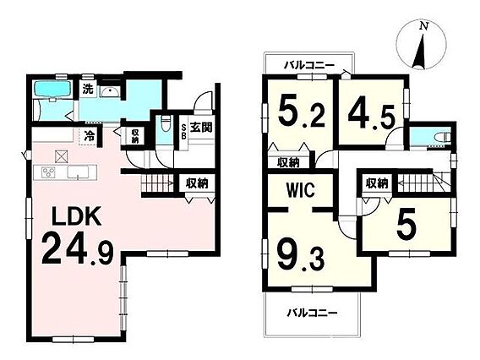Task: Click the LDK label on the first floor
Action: (77, 216)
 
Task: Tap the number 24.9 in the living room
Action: (78, 248)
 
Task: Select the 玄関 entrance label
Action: (201, 127)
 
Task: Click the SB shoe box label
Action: (183, 132)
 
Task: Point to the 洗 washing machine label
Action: (88, 89)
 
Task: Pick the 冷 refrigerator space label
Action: (89, 136)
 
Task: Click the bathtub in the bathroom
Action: (52, 89)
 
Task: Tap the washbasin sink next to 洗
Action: (110, 91)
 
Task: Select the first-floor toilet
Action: (166, 123)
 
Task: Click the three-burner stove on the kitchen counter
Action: (48, 172)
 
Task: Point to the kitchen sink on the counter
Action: (78, 172)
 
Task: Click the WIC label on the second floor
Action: (301, 190)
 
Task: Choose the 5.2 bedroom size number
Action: (302, 110)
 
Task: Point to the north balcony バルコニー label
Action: (310, 65)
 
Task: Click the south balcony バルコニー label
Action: (312, 313)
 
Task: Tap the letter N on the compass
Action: (423, 26)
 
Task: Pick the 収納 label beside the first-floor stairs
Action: (198, 183)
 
